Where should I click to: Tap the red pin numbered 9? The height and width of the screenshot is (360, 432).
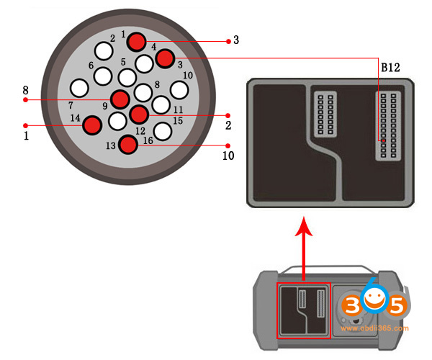(x=120, y=99)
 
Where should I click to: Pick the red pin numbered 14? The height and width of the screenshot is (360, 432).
(x=92, y=125)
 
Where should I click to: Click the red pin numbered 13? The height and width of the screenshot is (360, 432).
(x=128, y=145)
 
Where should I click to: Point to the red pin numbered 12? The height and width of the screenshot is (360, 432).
(x=139, y=114)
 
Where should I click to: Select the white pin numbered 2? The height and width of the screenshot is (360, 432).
(x=105, y=50)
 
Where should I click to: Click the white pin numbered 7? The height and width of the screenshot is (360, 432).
(x=80, y=88)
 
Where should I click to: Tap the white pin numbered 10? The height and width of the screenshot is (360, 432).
(x=179, y=89)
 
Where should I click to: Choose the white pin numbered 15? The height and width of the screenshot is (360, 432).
(x=163, y=131)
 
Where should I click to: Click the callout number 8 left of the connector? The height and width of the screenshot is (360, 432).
(x=26, y=91)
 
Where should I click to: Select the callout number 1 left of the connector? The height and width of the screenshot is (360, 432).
(x=26, y=135)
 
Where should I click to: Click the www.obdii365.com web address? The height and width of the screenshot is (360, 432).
(x=374, y=328)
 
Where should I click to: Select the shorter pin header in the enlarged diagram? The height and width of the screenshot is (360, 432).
(x=323, y=113)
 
